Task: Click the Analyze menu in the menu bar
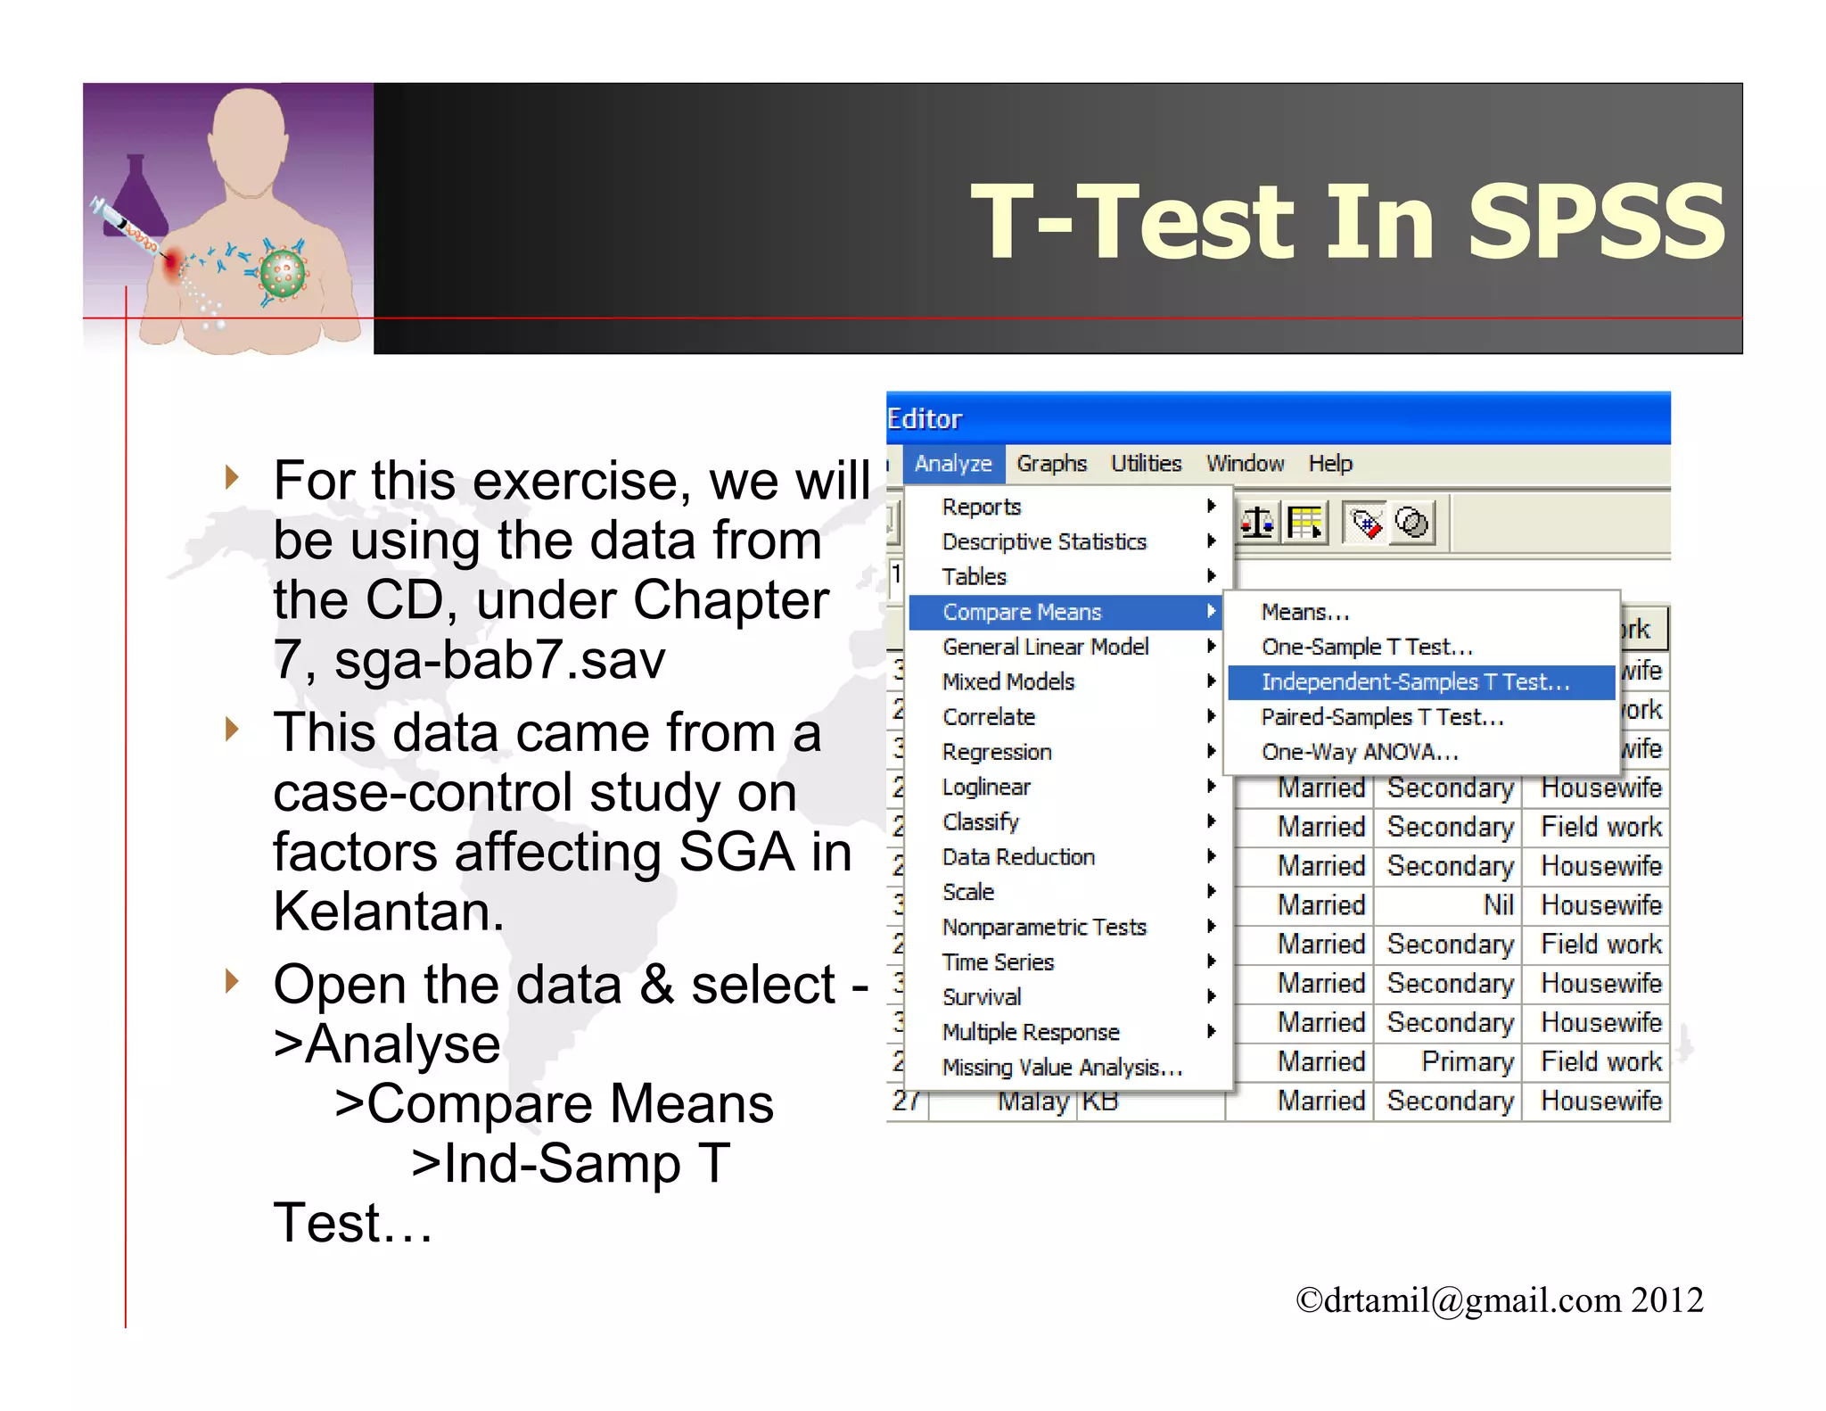[x=952, y=464]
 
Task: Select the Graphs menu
[x=1051, y=464]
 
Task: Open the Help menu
[x=1329, y=464]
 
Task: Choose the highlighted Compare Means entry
[x=1022, y=612]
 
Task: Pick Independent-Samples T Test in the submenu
[x=1415, y=682]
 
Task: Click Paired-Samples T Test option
[x=1382, y=717]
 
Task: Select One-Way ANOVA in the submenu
[x=1360, y=752]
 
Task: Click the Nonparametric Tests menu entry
[x=1043, y=928]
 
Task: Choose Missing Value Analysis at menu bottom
[x=1061, y=1068]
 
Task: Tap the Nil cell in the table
[x=1498, y=905]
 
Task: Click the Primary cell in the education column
[x=1467, y=1061]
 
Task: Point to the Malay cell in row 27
[x=1032, y=1102]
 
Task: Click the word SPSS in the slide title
[x=1596, y=221]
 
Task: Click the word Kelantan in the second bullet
[x=389, y=912]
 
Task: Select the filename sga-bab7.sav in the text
[x=499, y=660]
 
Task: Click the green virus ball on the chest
[x=284, y=273]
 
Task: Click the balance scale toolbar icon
[x=1257, y=523]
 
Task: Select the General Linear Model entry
[x=1045, y=647]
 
